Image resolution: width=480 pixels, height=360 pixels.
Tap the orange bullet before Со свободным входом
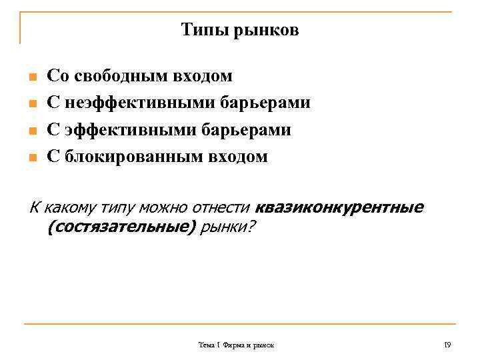click(x=31, y=77)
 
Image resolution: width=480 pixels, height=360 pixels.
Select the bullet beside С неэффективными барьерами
click(x=31, y=105)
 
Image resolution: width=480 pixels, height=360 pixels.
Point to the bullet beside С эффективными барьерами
click(x=31, y=131)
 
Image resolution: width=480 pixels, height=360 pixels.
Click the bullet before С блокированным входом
click(x=31, y=159)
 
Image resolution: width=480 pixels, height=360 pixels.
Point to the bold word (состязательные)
click(x=122, y=228)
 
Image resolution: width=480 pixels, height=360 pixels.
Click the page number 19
click(x=447, y=345)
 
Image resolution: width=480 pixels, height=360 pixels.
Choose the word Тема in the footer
click(x=206, y=345)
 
